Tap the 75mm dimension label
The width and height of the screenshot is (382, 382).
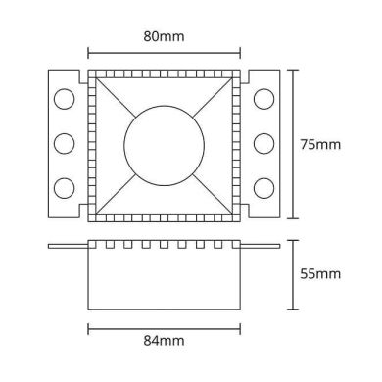[320, 144]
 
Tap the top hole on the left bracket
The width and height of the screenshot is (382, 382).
[64, 100]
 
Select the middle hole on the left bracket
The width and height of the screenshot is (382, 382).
[64, 144]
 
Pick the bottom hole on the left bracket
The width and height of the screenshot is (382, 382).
[64, 187]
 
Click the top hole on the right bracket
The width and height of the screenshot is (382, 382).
[263, 100]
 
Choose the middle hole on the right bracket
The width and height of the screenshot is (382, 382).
[263, 144]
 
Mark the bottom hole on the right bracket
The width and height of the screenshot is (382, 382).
[263, 187]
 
